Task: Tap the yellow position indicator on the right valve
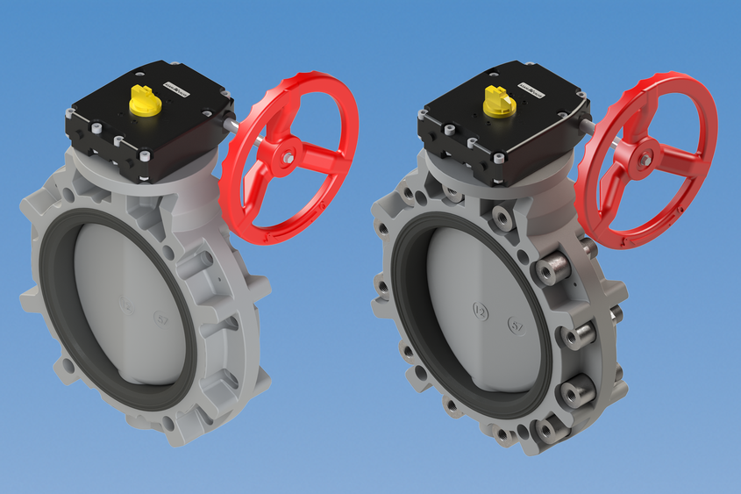pyautogui.click(x=495, y=102)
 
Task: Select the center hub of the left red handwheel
pyautogui.click(x=289, y=157)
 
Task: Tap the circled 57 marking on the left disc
pyautogui.click(x=160, y=319)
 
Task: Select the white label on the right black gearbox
pyautogui.click(x=530, y=87)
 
